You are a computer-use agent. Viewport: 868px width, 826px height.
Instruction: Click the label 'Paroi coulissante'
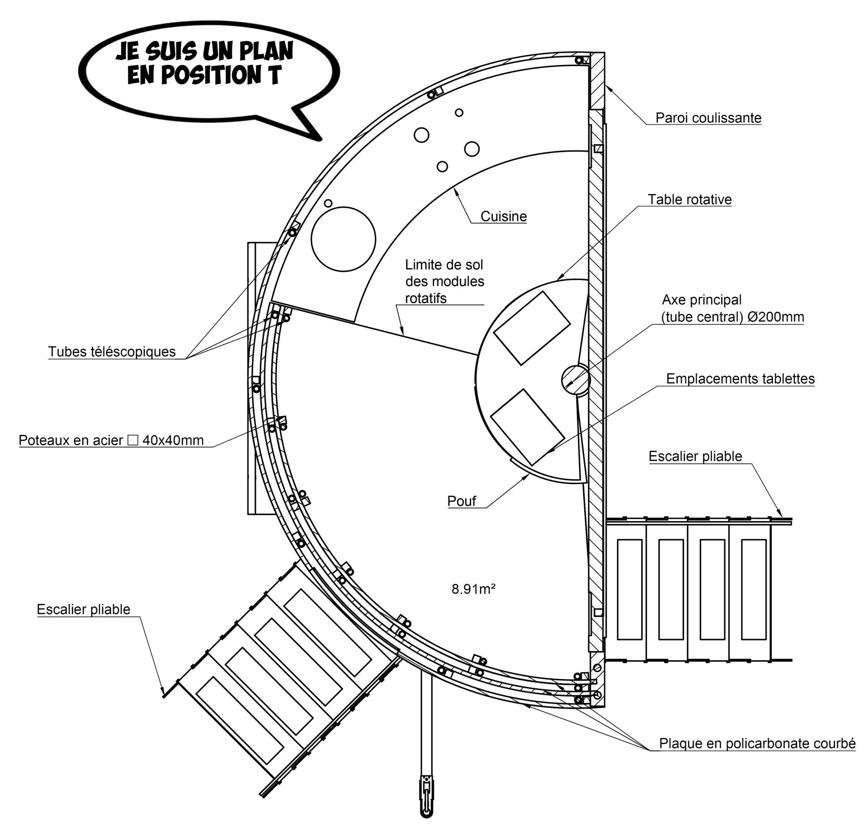click(x=708, y=118)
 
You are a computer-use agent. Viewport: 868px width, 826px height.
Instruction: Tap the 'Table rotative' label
click(x=689, y=200)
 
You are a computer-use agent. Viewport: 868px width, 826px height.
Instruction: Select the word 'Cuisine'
click(x=503, y=216)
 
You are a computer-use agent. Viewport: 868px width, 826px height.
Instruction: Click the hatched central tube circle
click(x=576, y=379)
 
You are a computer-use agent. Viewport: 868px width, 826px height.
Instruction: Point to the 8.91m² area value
click(x=473, y=589)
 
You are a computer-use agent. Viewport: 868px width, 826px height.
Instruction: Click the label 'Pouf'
click(x=462, y=501)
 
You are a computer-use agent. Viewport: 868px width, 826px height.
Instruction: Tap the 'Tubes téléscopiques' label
click(x=112, y=351)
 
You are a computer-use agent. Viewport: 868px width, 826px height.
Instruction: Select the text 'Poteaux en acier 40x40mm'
click(x=111, y=440)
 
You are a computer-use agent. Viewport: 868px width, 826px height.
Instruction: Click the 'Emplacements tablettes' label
click(x=740, y=378)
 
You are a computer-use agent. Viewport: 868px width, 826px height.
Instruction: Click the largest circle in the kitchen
click(x=343, y=239)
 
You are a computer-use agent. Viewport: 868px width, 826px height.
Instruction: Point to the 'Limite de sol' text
click(x=443, y=265)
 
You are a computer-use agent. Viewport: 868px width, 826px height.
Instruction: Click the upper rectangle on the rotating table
click(x=532, y=328)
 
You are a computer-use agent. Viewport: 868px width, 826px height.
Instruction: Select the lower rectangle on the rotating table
click(x=528, y=427)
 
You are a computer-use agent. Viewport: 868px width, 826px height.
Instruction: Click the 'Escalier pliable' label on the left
click(x=83, y=609)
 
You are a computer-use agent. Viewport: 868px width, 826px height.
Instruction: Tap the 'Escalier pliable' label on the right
click(x=695, y=456)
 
